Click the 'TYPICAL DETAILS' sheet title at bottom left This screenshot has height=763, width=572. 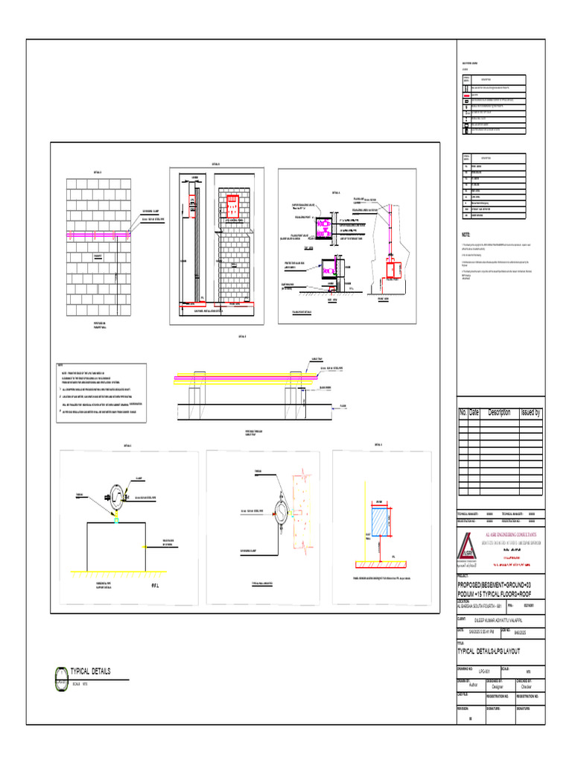coord(89,671)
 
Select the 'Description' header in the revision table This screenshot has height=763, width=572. coord(499,413)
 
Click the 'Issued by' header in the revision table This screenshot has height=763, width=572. coord(530,413)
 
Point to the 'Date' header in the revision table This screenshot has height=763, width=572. coord(474,413)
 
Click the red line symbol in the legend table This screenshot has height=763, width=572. coord(466,96)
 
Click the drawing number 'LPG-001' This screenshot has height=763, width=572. coord(484,671)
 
